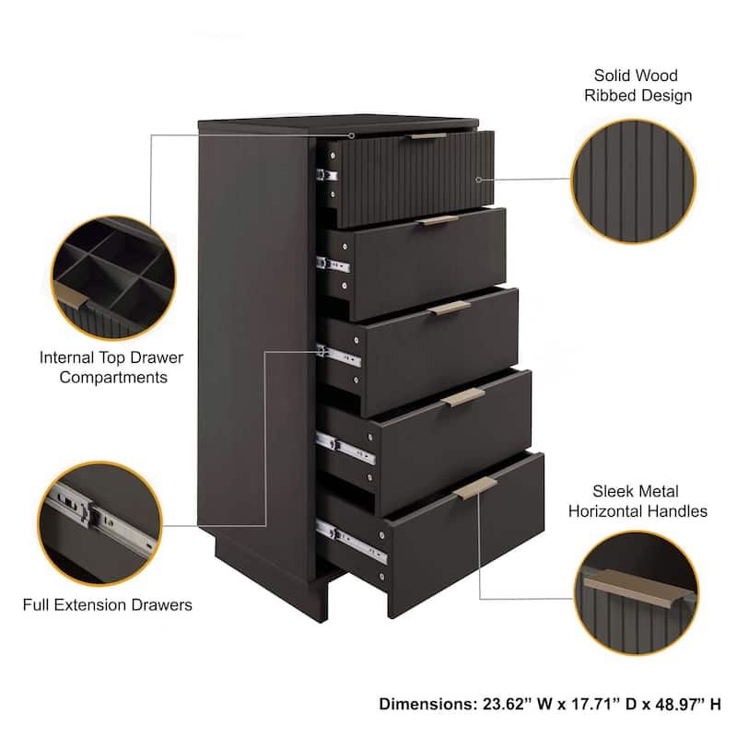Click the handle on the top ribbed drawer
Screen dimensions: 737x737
coord(428,135)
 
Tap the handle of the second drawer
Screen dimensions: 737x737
coord(437,220)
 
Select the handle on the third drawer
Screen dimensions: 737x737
coord(449,308)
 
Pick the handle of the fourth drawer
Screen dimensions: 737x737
coord(462,396)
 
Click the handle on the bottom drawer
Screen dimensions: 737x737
coord(475,487)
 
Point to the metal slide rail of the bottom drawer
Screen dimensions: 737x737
coord(350,543)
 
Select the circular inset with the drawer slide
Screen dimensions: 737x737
coord(99,521)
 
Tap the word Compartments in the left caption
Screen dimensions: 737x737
coord(115,377)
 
